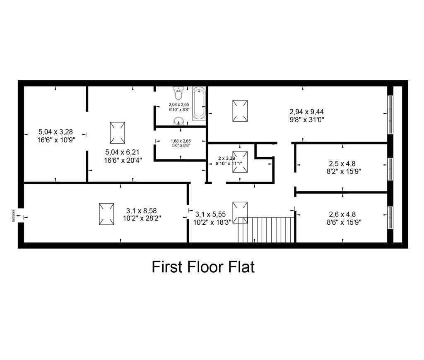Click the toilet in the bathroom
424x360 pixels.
tap(178, 93)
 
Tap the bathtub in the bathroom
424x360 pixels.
tap(199, 103)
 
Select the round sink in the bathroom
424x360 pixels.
tap(178, 121)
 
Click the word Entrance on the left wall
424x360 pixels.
tap(13, 216)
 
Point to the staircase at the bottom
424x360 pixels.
tap(266, 230)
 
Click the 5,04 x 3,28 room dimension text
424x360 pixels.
tap(56, 132)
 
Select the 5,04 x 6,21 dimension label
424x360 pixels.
tap(122, 152)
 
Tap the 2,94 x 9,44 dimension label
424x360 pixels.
tap(307, 112)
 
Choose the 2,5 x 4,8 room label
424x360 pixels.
tap(342, 163)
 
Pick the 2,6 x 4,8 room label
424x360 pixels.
tap(342, 214)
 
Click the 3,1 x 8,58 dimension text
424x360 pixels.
tap(142, 211)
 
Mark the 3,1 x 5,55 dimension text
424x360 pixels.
tap(210, 214)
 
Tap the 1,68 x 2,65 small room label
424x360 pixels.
tap(181, 141)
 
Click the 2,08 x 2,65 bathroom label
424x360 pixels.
tap(179, 104)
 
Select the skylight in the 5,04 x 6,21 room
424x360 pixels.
tap(117, 133)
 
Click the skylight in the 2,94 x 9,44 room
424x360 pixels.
tap(240, 111)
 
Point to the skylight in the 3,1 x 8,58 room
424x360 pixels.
tap(106, 214)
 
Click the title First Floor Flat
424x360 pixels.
tap(203, 267)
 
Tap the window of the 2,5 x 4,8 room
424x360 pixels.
tap(390, 169)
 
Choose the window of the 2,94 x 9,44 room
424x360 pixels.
tap(390, 115)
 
